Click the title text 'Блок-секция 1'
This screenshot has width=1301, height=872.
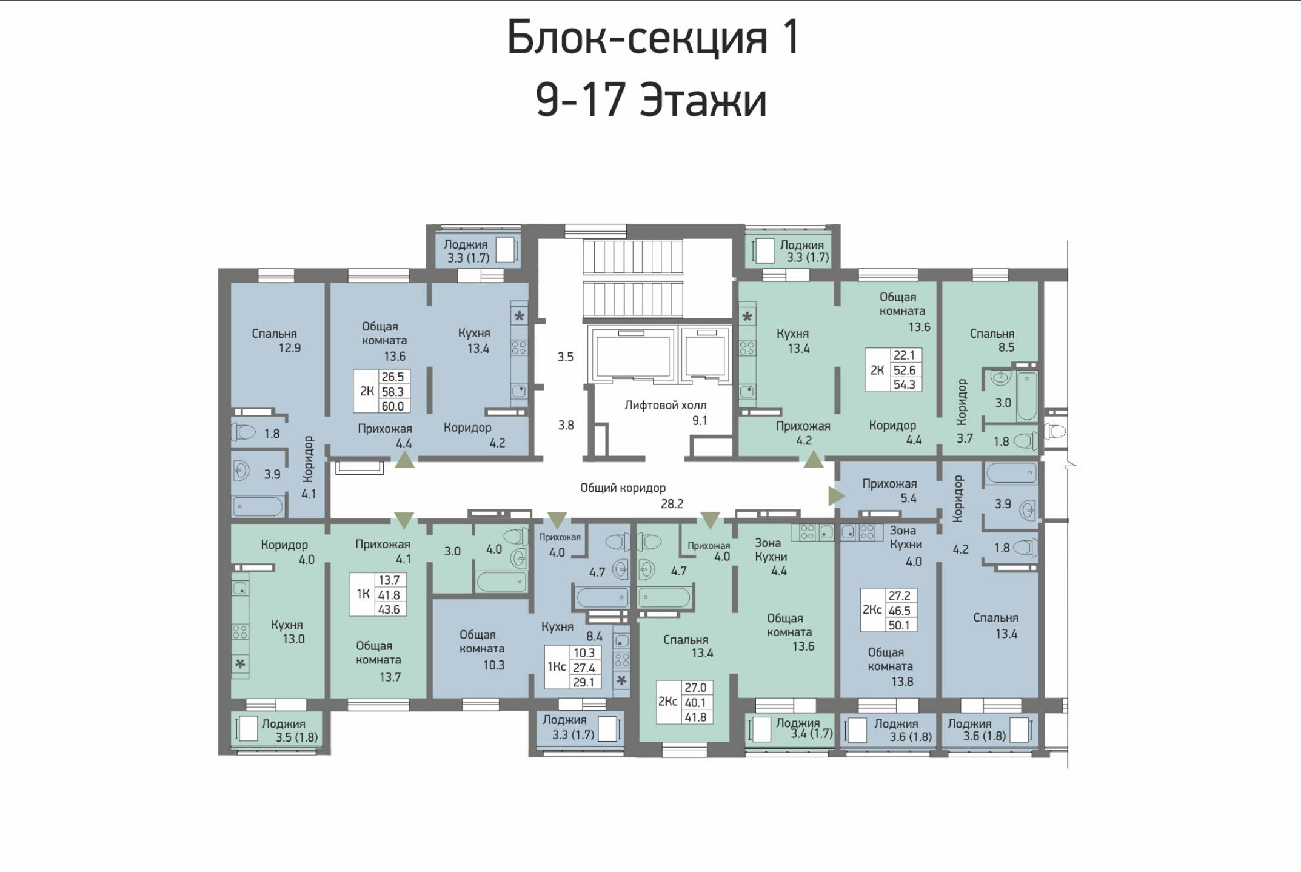click(x=653, y=38)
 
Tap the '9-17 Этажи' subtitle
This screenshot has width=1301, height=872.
click(x=652, y=100)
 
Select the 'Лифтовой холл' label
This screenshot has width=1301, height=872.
click(x=665, y=405)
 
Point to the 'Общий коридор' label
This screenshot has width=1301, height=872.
click(x=623, y=488)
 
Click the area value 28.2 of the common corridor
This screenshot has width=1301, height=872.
click(x=672, y=503)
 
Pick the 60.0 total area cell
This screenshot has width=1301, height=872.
click(x=393, y=406)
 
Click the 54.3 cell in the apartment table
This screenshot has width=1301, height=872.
click(x=904, y=384)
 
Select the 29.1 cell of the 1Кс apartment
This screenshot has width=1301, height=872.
click(x=584, y=682)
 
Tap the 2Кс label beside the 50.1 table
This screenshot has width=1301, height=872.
click(x=872, y=609)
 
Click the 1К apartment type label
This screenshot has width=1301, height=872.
click(x=363, y=594)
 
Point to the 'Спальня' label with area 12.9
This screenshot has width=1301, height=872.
click(x=274, y=334)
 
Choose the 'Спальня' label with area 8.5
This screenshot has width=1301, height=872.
click(x=992, y=334)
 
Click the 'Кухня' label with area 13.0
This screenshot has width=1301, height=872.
click(x=287, y=625)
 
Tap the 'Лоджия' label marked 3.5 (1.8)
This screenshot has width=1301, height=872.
click(x=283, y=724)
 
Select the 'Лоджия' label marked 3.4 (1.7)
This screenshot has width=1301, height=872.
click(x=798, y=723)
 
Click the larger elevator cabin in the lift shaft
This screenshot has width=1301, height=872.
click(x=630, y=356)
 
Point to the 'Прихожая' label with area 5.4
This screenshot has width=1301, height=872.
click(x=889, y=484)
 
